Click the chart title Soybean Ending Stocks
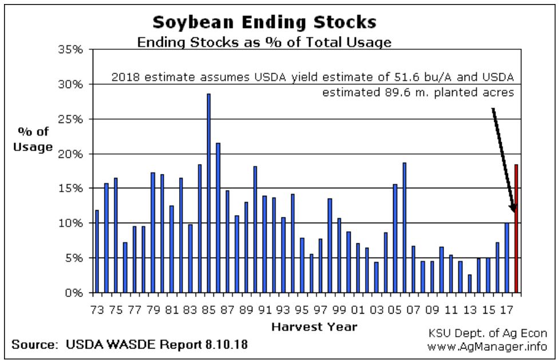click(x=264, y=22)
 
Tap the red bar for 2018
click(x=517, y=229)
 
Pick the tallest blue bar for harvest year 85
click(x=209, y=193)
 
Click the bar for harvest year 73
click(x=97, y=251)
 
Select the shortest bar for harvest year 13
click(x=470, y=284)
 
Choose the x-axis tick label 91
click(x=264, y=310)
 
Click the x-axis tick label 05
click(x=395, y=310)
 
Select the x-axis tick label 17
click(x=506, y=310)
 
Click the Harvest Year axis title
click(x=314, y=327)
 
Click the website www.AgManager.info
click(x=487, y=346)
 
